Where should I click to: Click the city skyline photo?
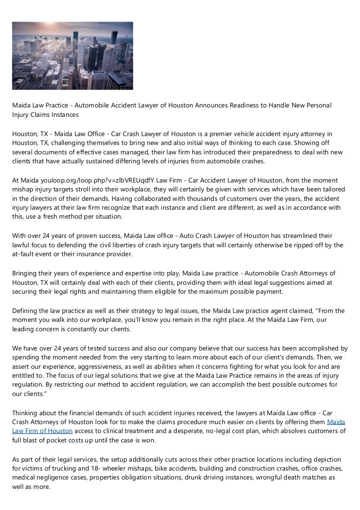click(73, 56)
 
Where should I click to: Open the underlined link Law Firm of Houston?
click(42, 431)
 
